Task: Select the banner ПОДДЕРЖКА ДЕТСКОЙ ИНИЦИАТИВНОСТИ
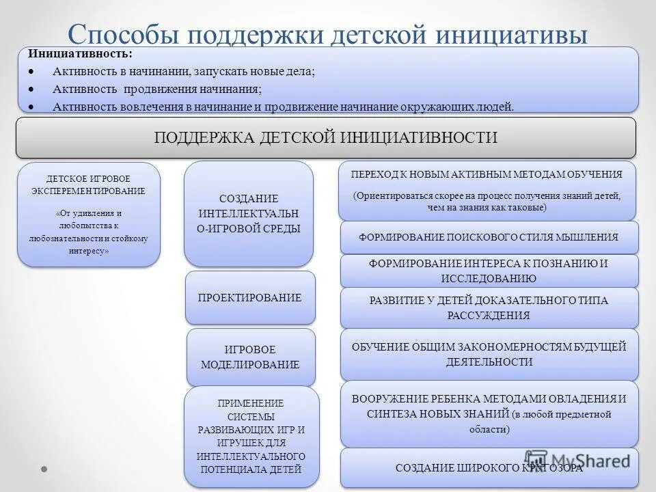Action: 326,137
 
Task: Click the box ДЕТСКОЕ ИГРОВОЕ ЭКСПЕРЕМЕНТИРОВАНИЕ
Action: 89,214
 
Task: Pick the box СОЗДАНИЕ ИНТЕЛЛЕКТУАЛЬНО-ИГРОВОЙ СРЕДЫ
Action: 249,213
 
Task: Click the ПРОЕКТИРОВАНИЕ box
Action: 250,297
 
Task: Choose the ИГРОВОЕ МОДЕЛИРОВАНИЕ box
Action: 251,357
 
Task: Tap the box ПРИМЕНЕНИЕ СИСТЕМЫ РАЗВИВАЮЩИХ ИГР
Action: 251,436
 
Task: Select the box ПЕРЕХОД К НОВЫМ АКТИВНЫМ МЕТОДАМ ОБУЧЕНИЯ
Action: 487,190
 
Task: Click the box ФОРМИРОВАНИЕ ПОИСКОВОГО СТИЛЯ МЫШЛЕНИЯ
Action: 489,237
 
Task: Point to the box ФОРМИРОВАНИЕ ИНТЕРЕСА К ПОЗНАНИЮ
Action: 489,271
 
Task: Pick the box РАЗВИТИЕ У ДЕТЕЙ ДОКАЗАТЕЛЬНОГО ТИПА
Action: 489,307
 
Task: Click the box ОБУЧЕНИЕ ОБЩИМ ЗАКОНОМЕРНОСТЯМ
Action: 489,354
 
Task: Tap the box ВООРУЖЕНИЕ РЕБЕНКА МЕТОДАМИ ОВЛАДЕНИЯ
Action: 489,413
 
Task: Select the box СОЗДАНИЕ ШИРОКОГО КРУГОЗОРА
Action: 489,467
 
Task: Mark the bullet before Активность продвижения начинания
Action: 31,89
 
